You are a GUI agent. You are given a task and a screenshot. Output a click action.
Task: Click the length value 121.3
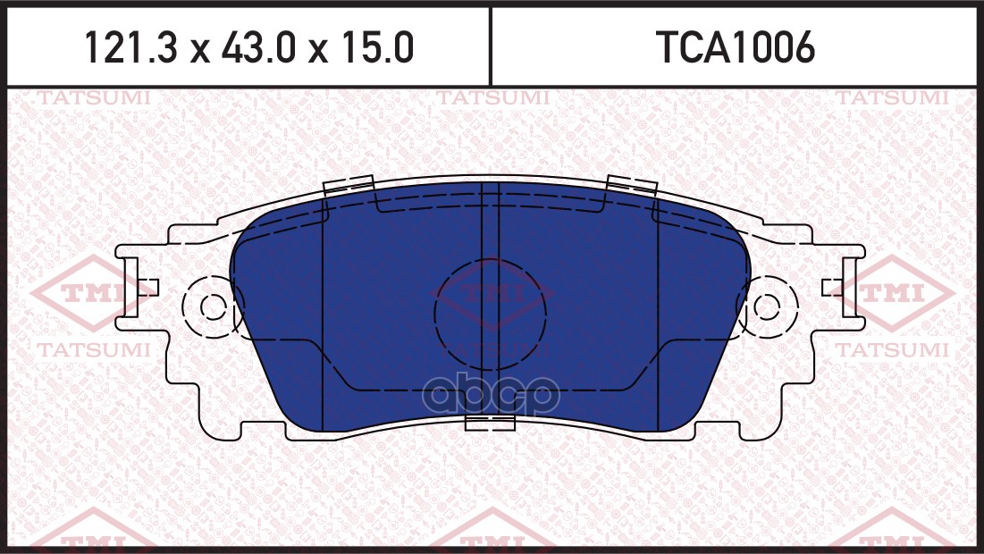click(133, 48)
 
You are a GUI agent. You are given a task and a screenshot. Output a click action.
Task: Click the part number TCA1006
click(736, 48)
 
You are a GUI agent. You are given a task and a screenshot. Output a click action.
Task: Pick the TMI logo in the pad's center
click(492, 293)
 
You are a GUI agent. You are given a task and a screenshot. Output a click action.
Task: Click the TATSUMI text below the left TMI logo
click(92, 349)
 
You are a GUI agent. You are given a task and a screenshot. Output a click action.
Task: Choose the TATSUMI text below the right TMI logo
click(892, 349)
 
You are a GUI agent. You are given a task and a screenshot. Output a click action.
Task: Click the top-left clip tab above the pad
click(347, 185)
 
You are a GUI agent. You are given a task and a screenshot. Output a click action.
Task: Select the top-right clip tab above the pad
click(631, 185)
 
